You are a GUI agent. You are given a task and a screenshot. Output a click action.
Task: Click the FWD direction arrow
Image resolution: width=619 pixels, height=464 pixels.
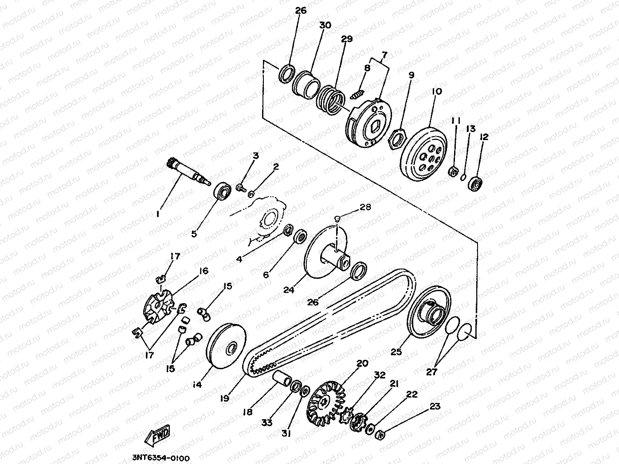click(157, 436)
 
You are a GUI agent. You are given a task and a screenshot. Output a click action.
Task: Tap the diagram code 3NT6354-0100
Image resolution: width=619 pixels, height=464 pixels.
click(161, 458)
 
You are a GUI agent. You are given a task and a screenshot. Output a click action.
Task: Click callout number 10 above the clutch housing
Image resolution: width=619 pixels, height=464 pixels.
click(437, 92)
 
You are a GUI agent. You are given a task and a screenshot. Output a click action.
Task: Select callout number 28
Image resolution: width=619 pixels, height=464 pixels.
click(365, 207)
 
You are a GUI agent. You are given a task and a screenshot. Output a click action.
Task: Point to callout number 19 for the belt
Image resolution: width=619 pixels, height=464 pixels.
click(225, 398)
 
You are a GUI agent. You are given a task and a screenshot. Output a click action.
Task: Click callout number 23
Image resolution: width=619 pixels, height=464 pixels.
click(435, 406)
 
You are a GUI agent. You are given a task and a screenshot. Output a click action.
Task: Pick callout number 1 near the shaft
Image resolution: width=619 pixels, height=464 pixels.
click(158, 214)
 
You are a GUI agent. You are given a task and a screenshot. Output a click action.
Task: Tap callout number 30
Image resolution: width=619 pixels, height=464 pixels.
click(325, 25)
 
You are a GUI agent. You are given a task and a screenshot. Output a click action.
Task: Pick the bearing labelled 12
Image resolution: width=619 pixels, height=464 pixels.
click(475, 183)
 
